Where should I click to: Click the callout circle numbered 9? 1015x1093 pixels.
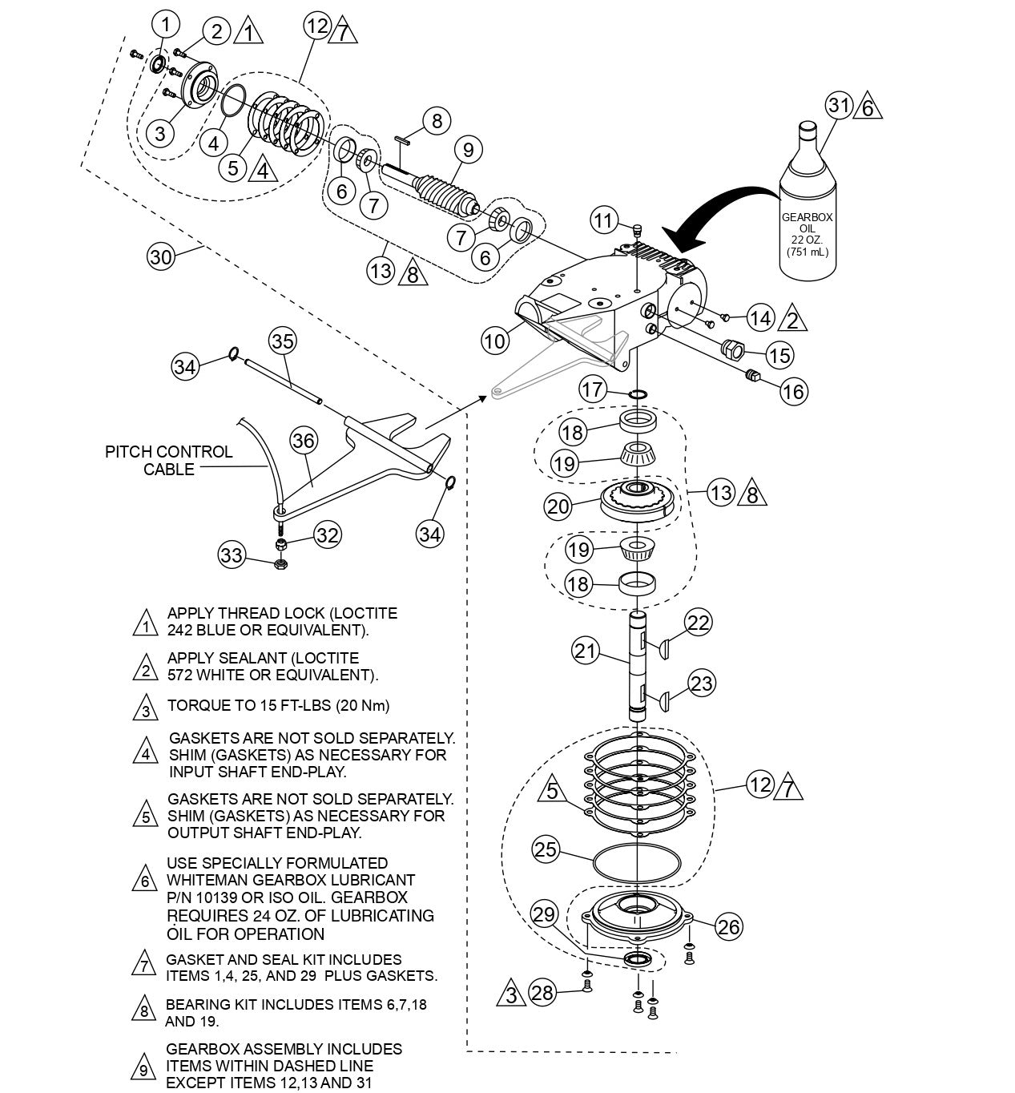click(x=467, y=149)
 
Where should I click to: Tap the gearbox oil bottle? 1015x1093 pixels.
click(x=808, y=208)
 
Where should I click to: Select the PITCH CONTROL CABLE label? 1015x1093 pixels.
click(x=168, y=460)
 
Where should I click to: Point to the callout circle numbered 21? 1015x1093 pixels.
click(x=586, y=650)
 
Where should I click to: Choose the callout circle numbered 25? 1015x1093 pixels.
click(x=546, y=849)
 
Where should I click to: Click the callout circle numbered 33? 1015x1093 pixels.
click(x=232, y=555)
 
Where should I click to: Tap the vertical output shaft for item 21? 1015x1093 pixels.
click(x=638, y=665)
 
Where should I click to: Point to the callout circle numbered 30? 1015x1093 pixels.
click(x=161, y=256)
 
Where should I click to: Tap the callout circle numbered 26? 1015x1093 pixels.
click(x=728, y=927)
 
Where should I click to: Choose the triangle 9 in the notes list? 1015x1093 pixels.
click(x=143, y=1070)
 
